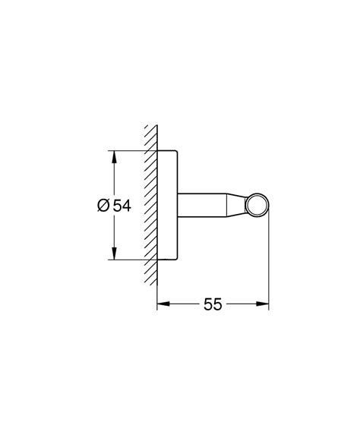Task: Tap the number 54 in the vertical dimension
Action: pyautogui.click(x=122, y=206)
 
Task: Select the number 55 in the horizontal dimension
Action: pyautogui.click(x=213, y=304)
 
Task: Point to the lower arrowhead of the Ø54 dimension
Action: pyautogui.click(x=113, y=254)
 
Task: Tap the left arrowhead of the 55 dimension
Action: pyautogui.click(x=162, y=304)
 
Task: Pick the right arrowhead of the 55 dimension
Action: pyautogui.click(x=265, y=304)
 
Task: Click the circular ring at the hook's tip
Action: pyautogui.click(x=259, y=206)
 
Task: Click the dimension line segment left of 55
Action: pyautogui.click(x=182, y=304)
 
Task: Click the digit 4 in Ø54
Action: pyautogui.click(x=127, y=206)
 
